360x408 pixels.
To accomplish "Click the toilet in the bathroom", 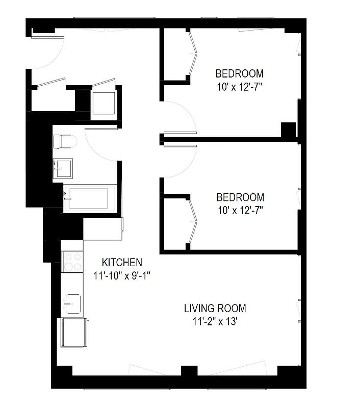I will click(x=65, y=141).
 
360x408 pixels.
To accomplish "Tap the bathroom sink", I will click(x=63, y=167).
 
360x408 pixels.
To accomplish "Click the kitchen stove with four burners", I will click(x=72, y=261).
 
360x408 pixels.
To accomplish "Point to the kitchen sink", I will click(x=71, y=302).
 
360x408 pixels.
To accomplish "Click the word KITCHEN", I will click(x=122, y=263).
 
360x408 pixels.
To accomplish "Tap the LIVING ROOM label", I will click(x=215, y=309).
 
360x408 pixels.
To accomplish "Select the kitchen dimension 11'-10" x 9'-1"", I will click(x=122, y=276).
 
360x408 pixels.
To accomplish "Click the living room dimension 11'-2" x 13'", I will click(x=215, y=322).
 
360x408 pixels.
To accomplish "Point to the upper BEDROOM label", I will click(x=239, y=73).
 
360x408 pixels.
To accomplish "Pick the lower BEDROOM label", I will click(x=240, y=197).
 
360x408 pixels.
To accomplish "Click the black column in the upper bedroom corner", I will click(x=289, y=130).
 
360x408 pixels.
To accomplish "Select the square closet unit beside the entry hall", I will click(x=105, y=103).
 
